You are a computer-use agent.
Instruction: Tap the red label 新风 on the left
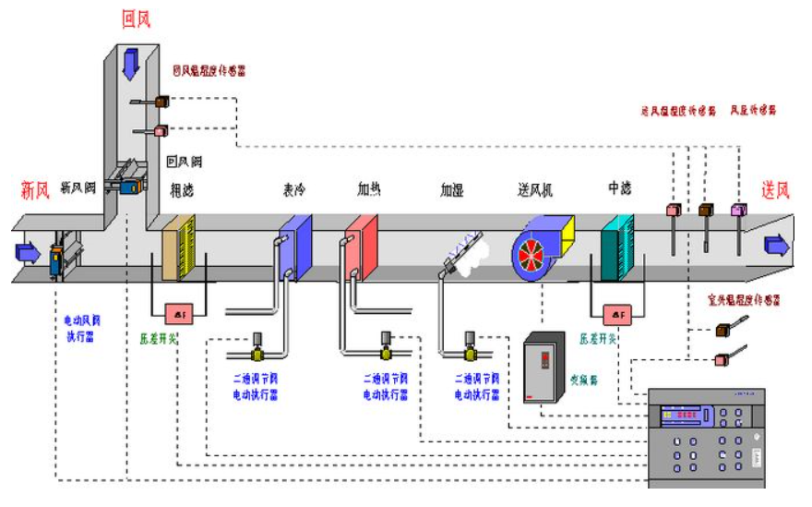point(34,191)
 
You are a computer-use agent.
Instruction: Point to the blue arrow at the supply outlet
point(777,245)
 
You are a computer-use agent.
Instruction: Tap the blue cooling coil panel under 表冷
point(296,247)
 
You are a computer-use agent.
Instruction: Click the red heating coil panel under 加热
point(362,247)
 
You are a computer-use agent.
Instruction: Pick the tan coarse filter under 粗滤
point(178,247)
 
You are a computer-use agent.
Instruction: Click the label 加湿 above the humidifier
point(452,190)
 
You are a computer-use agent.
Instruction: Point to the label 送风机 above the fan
point(534,190)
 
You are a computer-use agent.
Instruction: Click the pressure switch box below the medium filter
point(615,314)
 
